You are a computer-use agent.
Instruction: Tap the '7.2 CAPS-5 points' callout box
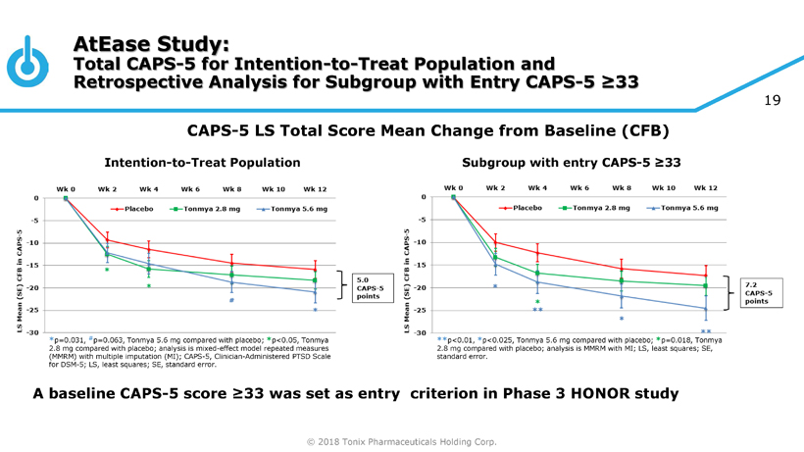coord(759,292)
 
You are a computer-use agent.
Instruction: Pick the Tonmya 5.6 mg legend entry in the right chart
coord(684,209)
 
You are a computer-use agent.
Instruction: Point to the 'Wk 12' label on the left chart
coord(315,187)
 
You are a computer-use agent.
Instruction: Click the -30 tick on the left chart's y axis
coord(33,333)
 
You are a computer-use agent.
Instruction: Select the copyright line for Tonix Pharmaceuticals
coord(402,442)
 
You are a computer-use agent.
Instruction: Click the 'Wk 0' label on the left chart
coord(65,187)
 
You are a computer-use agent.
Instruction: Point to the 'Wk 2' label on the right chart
coord(495,187)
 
